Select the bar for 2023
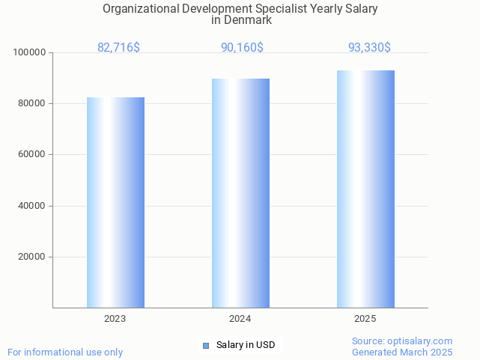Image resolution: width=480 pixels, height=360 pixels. tap(115, 202)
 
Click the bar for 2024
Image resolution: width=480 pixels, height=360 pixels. tap(240, 193)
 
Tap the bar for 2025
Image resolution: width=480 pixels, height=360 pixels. tap(365, 189)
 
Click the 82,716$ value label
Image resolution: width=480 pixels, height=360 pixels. tap(118, 48)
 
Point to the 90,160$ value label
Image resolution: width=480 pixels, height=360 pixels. tap(242, 48)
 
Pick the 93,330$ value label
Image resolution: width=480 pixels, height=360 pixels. tap(369, 48)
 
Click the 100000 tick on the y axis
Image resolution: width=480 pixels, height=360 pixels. tap(30, 53)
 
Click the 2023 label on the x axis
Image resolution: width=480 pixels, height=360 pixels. tap(115, 319)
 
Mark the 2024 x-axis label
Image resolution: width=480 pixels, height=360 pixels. tap(240, 319)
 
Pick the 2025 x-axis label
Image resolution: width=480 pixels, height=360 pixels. tap(365, 319)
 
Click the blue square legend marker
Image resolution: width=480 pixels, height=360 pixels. tap(206, 345)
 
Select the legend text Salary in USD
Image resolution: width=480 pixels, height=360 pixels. tap(246, 345)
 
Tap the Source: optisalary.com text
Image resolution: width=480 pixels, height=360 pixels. tap(402, 341)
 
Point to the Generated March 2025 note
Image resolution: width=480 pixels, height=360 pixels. tap(402, 352)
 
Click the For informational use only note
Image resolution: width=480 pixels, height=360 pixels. tap(65, 352)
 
